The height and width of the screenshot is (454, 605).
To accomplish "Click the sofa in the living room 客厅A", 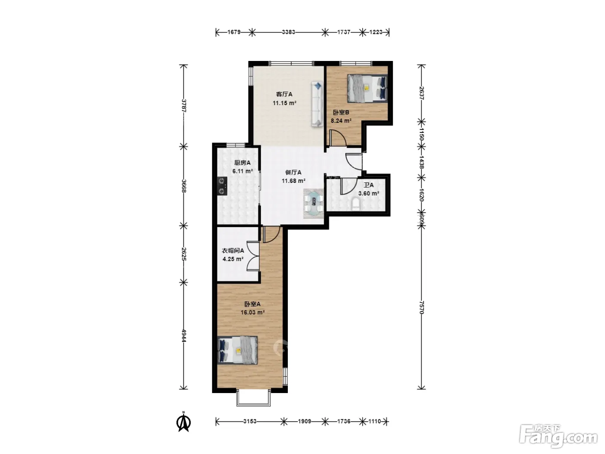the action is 317,104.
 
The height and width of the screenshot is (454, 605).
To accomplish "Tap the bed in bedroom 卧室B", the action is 367,88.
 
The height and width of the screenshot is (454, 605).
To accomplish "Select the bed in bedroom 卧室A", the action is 237,350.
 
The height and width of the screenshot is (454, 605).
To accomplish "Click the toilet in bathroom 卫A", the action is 356,204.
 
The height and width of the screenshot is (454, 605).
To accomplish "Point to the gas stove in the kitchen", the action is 222,186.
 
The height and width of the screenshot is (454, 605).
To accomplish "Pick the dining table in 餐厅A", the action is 313,203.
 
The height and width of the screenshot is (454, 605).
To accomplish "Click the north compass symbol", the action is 184,422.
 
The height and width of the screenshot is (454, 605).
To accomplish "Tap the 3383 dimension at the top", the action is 288,32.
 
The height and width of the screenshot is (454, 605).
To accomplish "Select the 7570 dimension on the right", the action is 421,307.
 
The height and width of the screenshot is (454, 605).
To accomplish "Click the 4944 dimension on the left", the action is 184,336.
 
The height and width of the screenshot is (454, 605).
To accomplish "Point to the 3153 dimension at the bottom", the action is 250,421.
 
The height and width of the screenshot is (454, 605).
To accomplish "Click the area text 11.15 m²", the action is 284,103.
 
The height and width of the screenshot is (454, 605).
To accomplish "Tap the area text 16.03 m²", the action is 252,312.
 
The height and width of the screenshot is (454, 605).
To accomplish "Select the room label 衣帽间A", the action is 233,251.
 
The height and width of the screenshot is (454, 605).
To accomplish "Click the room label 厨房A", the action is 242,163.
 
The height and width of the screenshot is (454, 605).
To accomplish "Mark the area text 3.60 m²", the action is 369,193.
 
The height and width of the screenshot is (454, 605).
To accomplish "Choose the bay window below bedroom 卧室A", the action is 253,398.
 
